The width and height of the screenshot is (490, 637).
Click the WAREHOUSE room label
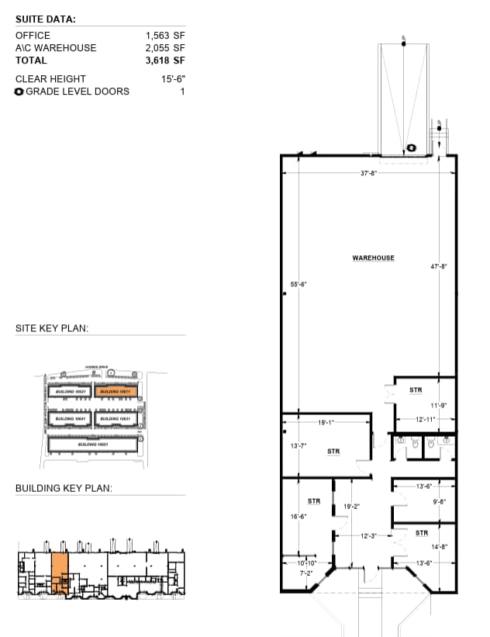point(374,258)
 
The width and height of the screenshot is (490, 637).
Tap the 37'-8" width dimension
point(368,173)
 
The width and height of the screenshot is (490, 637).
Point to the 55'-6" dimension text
point(298,285)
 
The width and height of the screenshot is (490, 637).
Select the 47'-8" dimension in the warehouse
point(439,267)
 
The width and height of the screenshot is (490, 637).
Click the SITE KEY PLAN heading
point(52,329)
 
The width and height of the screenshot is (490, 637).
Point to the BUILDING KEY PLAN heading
point(64,489)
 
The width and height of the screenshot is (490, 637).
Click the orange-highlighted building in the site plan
point(116,392)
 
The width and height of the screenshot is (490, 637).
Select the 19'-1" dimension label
point(326,424)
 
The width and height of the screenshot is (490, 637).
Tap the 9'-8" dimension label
point(438,501)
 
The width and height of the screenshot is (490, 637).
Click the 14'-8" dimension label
point(438,547)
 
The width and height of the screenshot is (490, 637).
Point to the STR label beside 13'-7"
point(333,451)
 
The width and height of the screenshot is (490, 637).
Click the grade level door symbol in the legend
point(19,92)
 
